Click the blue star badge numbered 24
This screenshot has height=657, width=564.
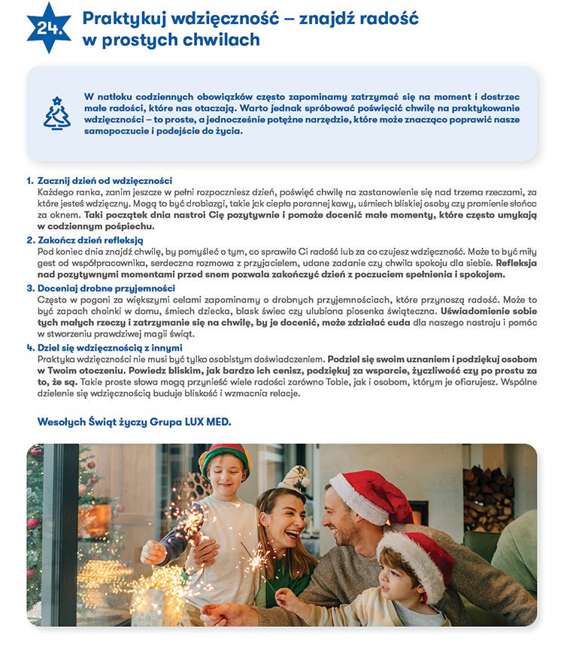click(49, 28)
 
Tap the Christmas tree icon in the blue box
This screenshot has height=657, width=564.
click(56, 113)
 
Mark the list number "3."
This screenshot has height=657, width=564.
click(30, 288)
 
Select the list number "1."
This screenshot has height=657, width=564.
click(30, 181)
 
